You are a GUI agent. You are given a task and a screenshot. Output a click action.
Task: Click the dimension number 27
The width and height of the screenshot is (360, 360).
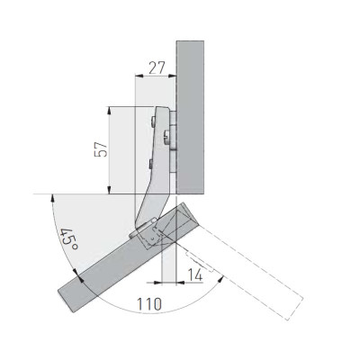click(157, 67)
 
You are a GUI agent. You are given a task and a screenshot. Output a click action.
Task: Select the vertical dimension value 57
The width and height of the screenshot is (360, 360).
click(101, 149)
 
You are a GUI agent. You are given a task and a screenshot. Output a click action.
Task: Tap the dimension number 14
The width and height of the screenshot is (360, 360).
click(195, 274)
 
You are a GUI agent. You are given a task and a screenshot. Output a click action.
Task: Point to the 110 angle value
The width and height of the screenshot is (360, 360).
click(149, 304)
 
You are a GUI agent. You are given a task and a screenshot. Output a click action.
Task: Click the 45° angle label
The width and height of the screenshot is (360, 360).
click(69, 239)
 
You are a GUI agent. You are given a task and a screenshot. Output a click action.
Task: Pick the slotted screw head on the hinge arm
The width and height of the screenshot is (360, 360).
click(166, 137)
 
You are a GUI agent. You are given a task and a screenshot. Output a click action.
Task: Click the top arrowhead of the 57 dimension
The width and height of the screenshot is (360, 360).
click(110, 111)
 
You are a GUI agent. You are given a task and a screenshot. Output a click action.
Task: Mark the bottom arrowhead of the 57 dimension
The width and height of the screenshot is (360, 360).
click(110, 190)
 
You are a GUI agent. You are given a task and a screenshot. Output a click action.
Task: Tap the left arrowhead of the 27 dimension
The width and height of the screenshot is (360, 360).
click(139, 76)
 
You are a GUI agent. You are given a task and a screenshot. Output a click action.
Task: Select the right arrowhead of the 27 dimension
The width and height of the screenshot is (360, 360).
click(172, 76)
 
